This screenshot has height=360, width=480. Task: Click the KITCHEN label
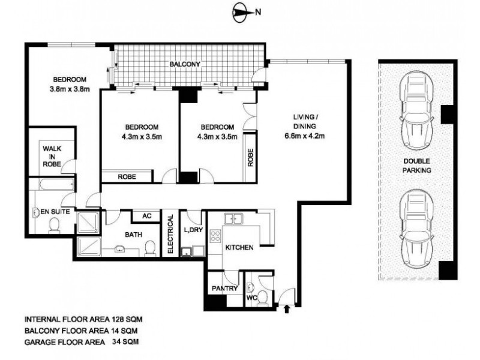[239, 247]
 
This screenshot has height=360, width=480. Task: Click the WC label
[252, 296]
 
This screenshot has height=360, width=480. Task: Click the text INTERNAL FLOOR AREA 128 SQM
[83, 320]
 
